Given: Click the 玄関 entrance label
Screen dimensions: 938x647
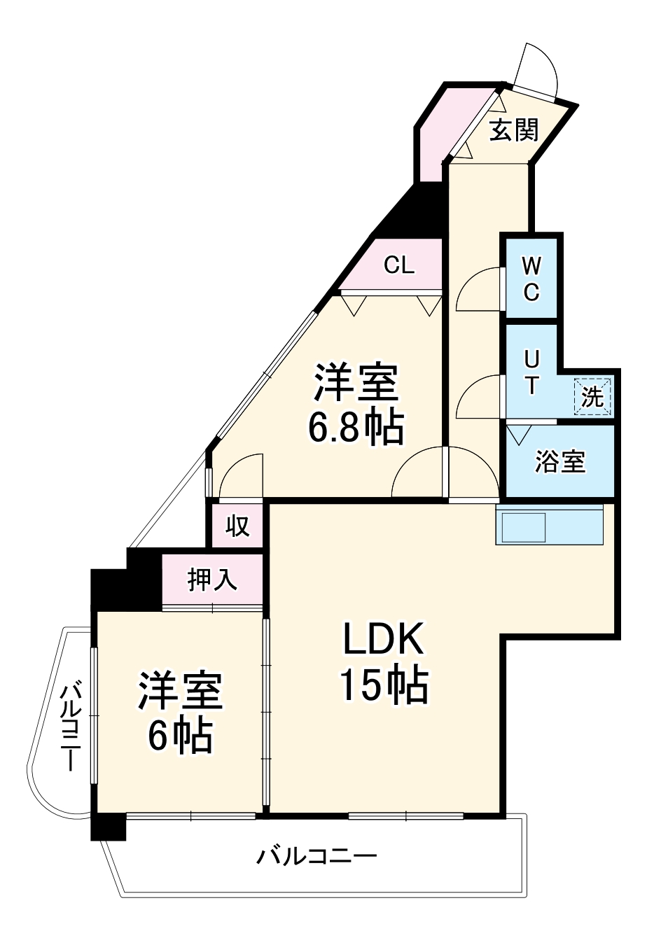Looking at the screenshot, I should (x=513, y=129).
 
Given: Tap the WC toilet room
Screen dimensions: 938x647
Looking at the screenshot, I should (x=531, y=279).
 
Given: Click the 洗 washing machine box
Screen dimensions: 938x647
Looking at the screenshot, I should (x=592, y=396).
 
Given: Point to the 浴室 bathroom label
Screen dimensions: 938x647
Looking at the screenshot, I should (x=559, y=462).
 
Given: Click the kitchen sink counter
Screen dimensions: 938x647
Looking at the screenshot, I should (x=549, y=525).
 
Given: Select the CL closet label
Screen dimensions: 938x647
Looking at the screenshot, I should (x=399, y=265).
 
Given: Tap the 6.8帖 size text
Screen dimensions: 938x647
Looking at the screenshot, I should (x=356, y=426).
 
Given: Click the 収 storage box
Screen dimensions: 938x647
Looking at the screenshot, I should (x=237, y=526).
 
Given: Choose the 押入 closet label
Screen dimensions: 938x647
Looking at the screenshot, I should (x=211, y=580).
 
